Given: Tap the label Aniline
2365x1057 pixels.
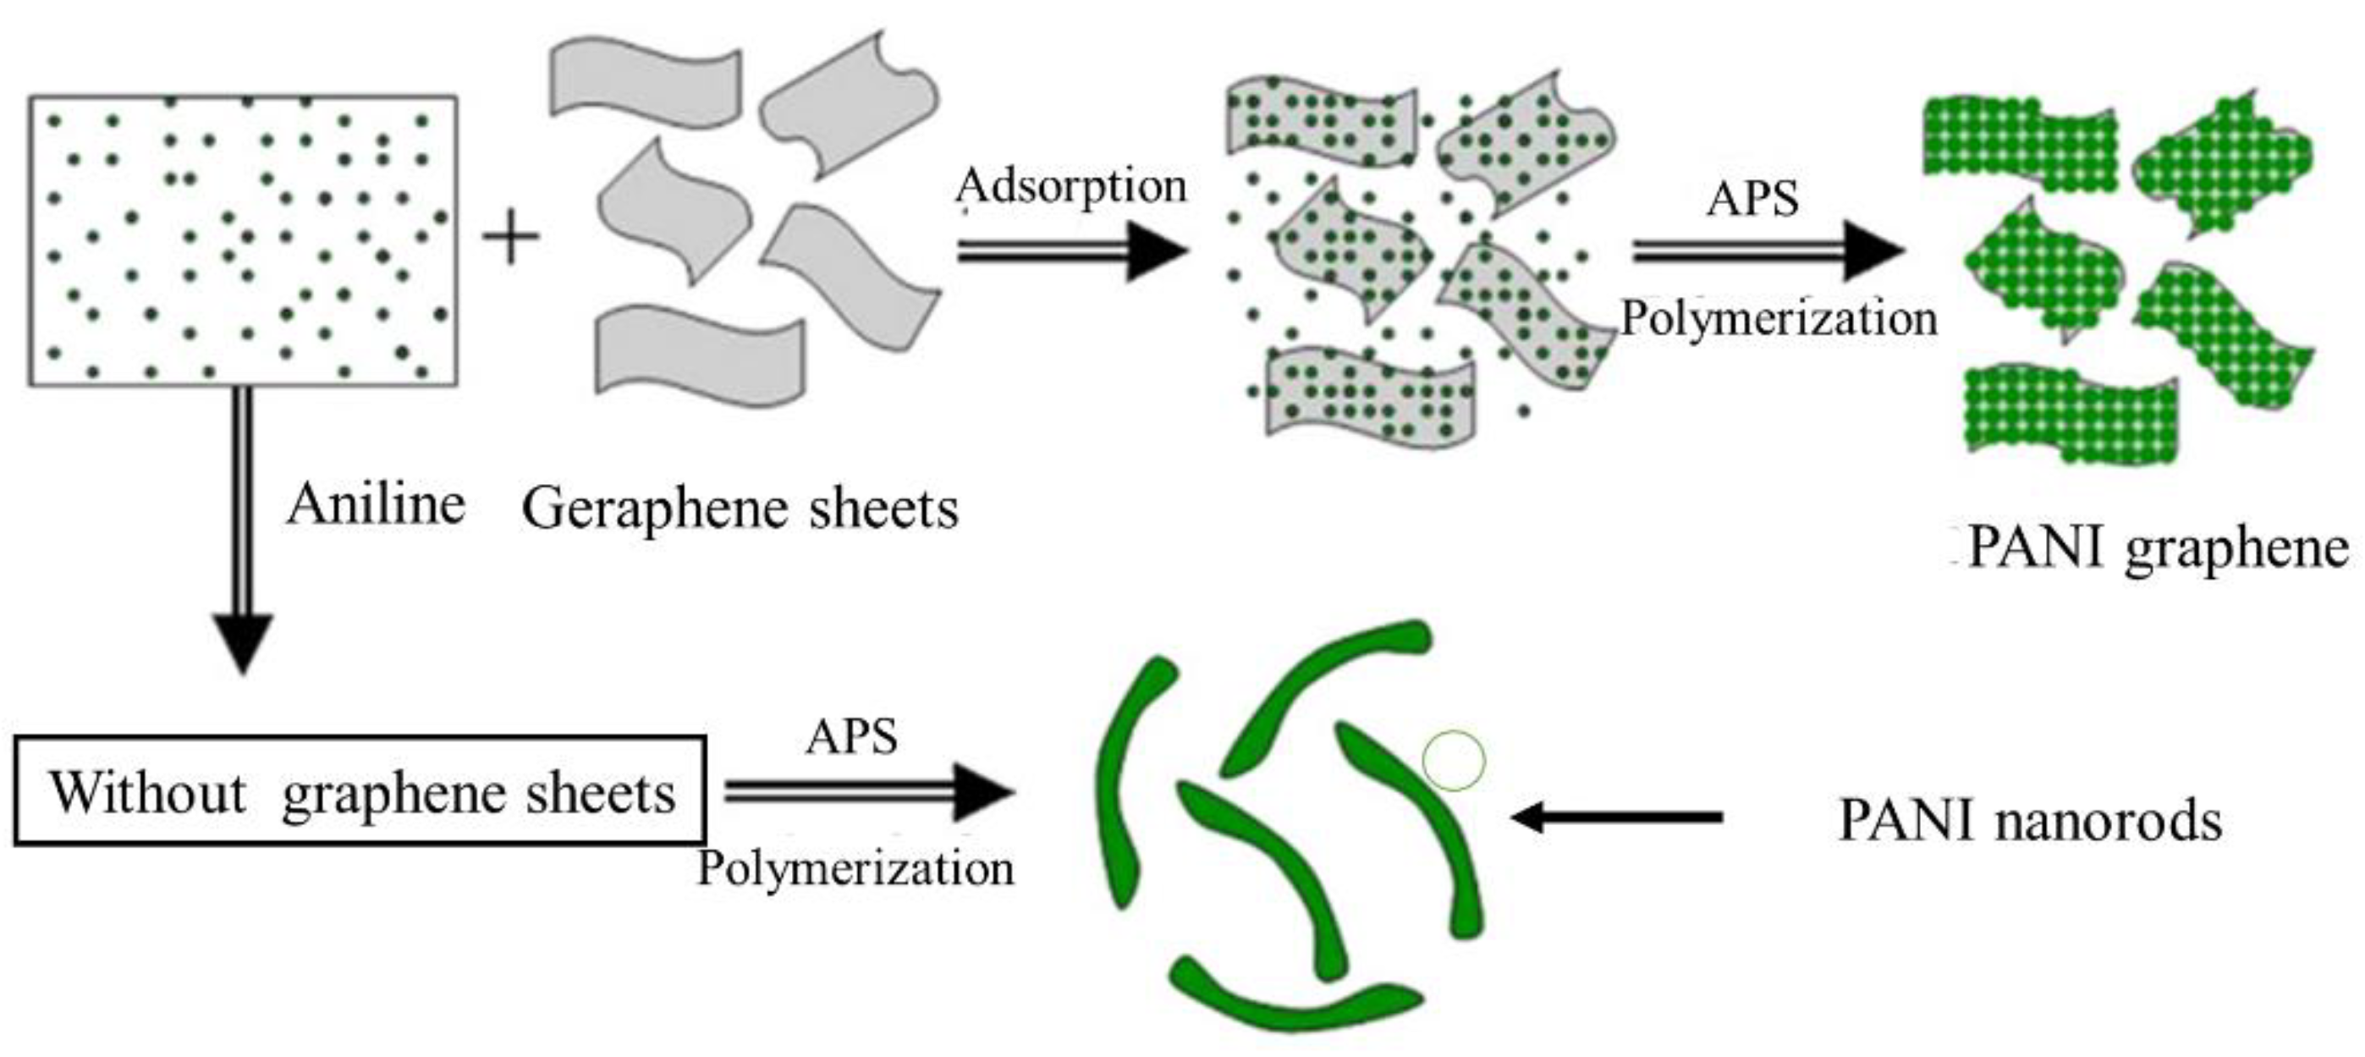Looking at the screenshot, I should click(x=376, y=505).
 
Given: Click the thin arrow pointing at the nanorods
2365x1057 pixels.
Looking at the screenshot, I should click(x=1616, y=817).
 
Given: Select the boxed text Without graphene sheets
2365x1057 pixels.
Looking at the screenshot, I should click(x=360, y=792).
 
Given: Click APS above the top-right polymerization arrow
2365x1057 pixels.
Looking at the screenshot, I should click(x=1752, y=199).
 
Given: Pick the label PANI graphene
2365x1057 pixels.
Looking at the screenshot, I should click(x=2158, y=549).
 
